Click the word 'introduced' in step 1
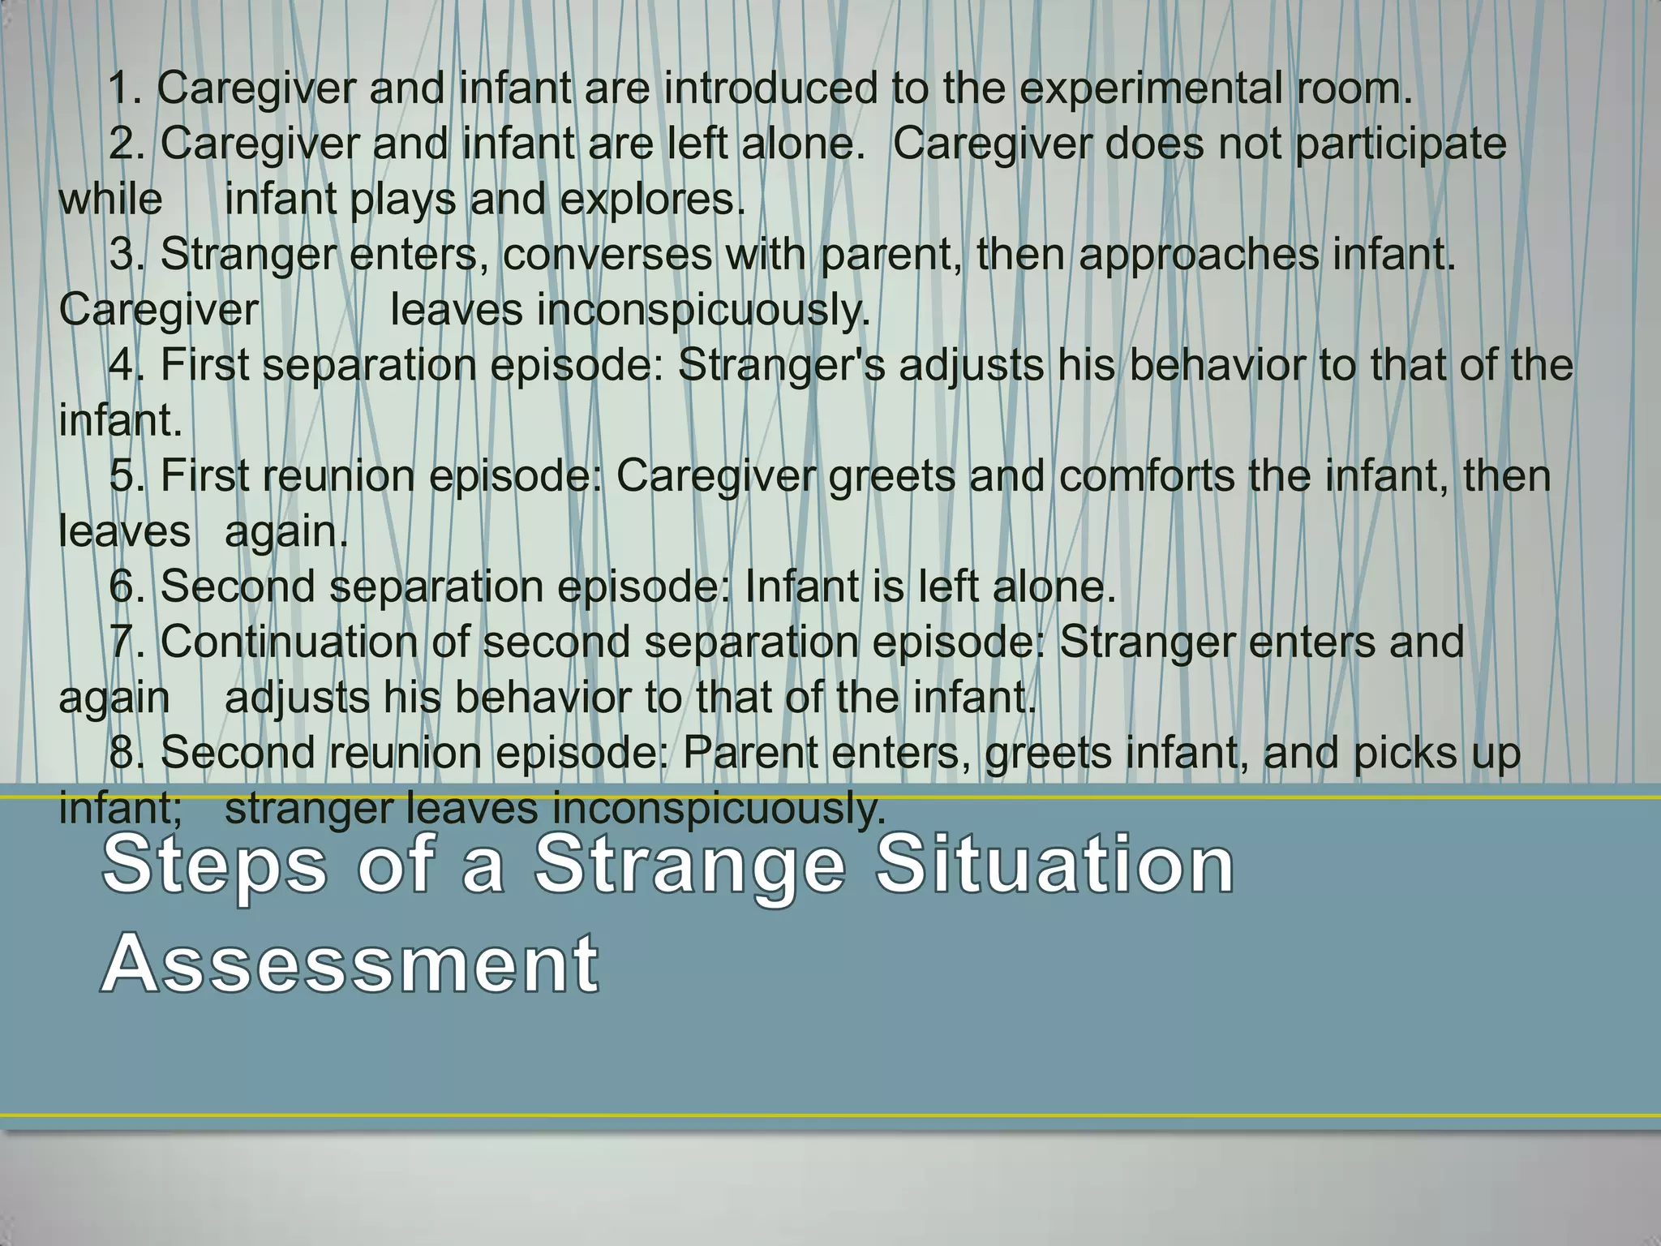pyautogui.click(x=770, y=88)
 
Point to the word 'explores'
pyautogui.click(x=651, y=200)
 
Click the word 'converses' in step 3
pyautogui.click(x=607, y=255)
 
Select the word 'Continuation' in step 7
pyautogui.click(x=289, y=642)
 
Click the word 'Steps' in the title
pyautogui.click(x=215, y=867)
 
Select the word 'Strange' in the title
pyautogui.click(x=690, y=867)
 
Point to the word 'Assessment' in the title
pyautogui.click(x=350, y=964)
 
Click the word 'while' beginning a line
pyautogui.click(x=110, y=200)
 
